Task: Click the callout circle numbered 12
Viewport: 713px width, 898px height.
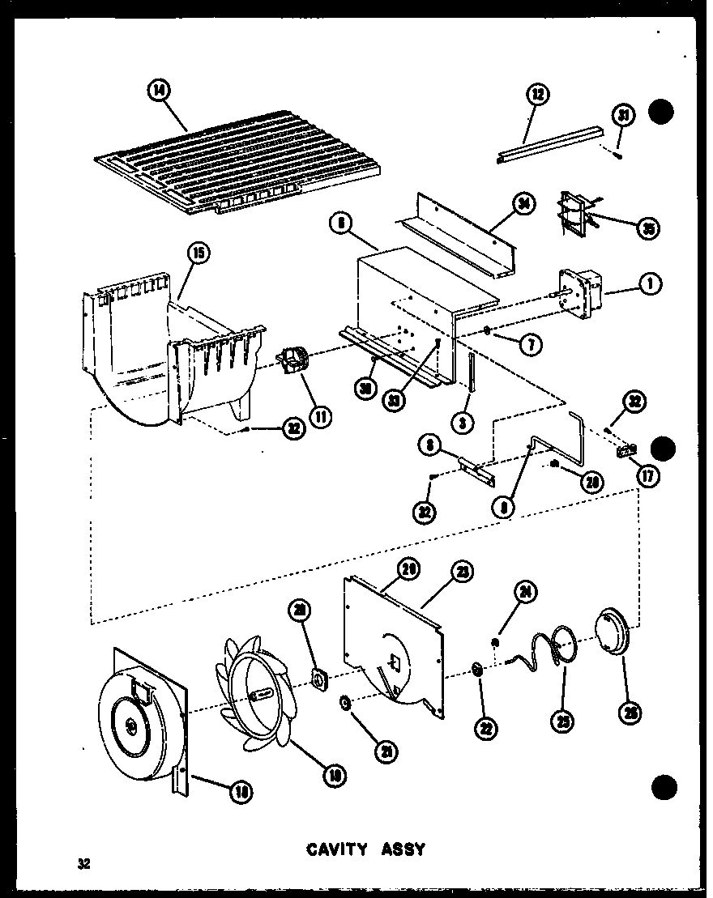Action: [536, 95]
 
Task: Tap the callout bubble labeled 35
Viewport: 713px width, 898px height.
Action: [647, 229]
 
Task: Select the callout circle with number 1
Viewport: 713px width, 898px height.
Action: [650, 283]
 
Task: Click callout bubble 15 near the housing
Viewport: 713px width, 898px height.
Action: [198, 253]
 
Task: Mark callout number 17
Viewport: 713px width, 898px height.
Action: [648, 477]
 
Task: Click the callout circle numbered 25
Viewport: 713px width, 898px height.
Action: [561, 719]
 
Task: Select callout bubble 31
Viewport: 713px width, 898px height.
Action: [623, 116]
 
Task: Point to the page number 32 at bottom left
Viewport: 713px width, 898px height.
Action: [83, 864]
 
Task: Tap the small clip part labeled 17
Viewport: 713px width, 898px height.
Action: [626, 451]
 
